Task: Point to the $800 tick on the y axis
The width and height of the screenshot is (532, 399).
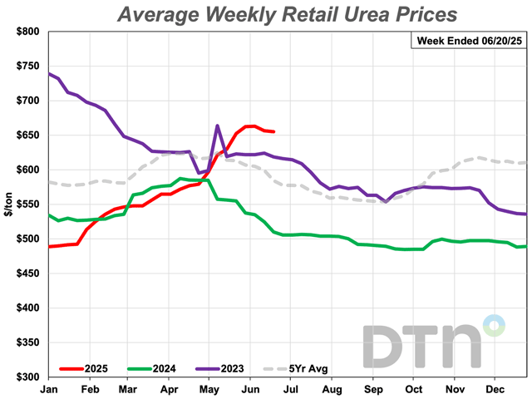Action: click(x=27, y=32)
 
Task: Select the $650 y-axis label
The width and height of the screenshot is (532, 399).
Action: click(x=27, y=135)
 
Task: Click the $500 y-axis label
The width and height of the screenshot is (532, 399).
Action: click(x=27, y=239)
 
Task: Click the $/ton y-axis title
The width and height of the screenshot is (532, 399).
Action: click(x=7, y=204)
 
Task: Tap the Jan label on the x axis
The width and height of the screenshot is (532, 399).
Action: click(x=49, y=389)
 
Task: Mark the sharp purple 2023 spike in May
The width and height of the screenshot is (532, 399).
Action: click(x=217, y=126)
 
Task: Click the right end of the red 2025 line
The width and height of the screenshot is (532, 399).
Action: click(x=275, y=131)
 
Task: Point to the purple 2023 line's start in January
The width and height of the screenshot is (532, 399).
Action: click(x=50, y=74)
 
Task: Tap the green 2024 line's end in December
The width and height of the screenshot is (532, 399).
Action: click(x=526, y=246)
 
